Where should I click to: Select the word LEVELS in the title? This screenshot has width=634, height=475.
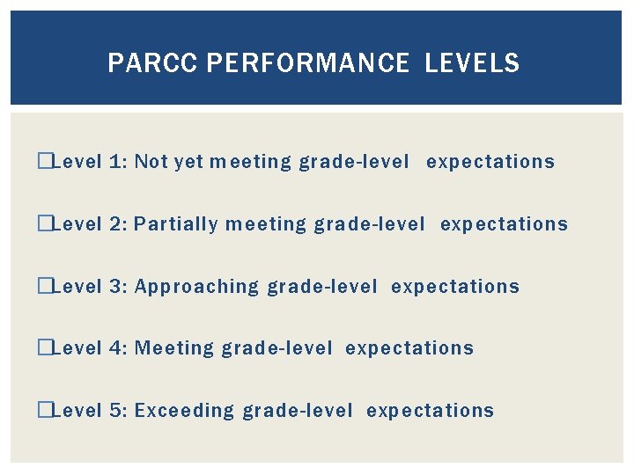point(472,63)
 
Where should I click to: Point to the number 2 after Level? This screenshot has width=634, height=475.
point(118,224)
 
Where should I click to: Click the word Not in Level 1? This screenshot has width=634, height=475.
point(151,162)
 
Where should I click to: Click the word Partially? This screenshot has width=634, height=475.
point(176,224)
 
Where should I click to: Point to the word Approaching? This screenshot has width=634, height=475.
point(197,287)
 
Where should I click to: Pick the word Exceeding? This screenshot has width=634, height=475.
point(185,411)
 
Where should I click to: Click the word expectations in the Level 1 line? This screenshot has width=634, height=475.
point(490,162)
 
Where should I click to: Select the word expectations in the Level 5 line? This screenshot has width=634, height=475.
point(430,411)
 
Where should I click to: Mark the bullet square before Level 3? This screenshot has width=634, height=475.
point(45,287)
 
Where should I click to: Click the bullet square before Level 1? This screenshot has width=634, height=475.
point(45,162)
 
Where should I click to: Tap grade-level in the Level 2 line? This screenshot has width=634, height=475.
point(369,224)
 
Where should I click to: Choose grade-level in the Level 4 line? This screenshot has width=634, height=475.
point(276,348)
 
